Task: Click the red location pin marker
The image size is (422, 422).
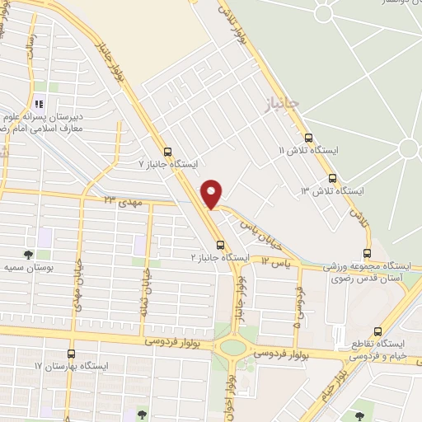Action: (213, 193)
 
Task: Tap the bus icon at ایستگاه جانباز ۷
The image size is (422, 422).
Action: (168, 152)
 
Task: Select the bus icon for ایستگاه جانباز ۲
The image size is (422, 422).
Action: (220, 245)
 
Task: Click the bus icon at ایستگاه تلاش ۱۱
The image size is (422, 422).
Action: (309, 138)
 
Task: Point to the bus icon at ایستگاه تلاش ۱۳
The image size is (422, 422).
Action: (332, 178)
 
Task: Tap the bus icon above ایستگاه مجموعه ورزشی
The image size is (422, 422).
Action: (368, 253)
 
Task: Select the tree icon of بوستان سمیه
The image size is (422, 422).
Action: (29, 254)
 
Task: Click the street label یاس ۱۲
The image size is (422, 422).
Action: (277, 260)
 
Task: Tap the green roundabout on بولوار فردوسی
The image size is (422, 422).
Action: (233, 347)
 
